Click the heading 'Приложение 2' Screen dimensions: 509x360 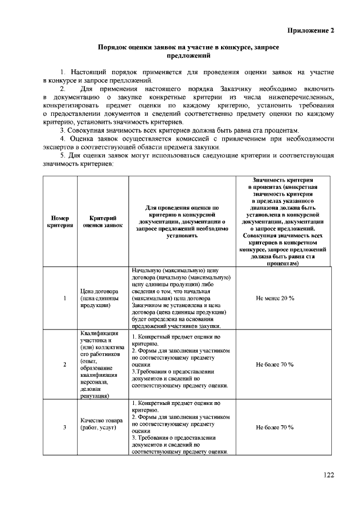coord(311,30)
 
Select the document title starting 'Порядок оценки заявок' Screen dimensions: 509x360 coord(189,52)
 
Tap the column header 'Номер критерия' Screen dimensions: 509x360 coord(60,221)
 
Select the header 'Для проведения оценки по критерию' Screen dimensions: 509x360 coord(182,221)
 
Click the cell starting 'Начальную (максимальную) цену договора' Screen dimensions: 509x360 coord(182,298)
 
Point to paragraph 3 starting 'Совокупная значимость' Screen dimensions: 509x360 coord(180,130)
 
